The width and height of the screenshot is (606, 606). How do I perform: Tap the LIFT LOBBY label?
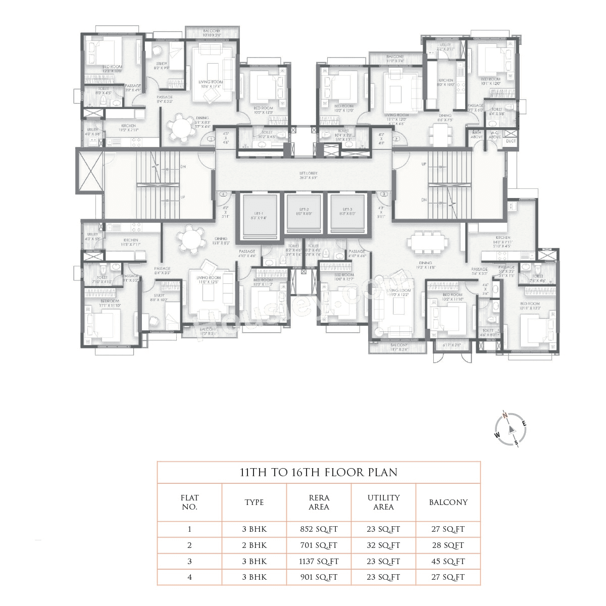coord(303,175)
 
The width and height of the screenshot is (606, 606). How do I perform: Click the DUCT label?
coord(511,141)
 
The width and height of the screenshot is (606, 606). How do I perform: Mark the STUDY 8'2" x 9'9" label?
coord(162,65)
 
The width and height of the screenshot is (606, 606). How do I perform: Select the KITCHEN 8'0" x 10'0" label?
coord(445,82)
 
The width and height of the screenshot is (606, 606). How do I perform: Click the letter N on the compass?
coord(504,416)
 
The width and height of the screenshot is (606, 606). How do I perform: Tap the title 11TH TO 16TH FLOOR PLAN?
coord(318,473)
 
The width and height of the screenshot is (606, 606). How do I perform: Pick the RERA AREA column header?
coord(319,502)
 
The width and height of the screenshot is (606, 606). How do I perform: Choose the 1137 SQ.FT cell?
coord(319,561)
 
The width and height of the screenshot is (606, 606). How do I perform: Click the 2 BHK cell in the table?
coord(254,545)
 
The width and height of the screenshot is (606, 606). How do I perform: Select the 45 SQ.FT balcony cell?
coord(447,561)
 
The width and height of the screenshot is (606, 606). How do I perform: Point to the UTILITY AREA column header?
coord(383,502)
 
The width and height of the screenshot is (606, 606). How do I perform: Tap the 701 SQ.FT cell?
coord(319,545)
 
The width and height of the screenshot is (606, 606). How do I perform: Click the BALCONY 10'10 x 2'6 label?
coord(212,33)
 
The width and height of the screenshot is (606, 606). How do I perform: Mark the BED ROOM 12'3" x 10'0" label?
coord(112,69)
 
